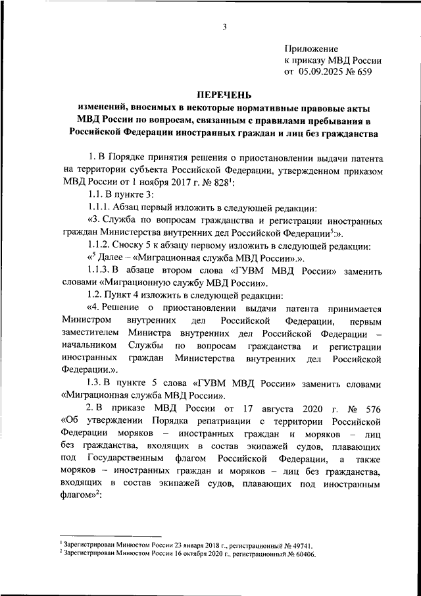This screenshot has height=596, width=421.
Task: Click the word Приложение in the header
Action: (x=312, y=49)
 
